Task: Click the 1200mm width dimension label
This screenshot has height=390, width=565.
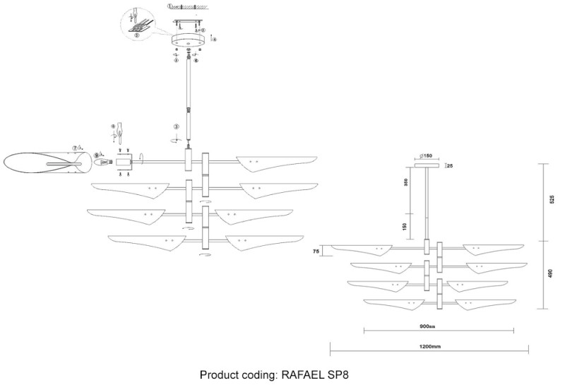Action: tap(430, 347)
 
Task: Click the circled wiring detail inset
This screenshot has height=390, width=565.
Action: tap(137, 20)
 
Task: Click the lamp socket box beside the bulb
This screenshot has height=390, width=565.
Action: tap(125, 162)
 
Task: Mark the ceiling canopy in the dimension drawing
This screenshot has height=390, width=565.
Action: tap(427, 165)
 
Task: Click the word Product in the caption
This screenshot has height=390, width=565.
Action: tap(220, 375)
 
